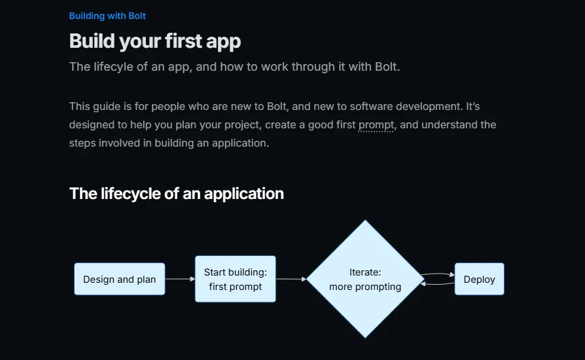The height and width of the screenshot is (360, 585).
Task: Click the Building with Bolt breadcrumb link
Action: (x=107, y=16)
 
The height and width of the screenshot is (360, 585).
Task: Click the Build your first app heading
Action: (x=155, y=41)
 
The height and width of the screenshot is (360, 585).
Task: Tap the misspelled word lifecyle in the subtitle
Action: (x=113, y=67)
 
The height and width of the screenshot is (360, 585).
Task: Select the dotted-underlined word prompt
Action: (x=376, y=125)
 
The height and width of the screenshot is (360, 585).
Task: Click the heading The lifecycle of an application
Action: (x=177, y=194)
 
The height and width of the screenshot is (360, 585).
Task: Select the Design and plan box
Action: (x=119, y=279)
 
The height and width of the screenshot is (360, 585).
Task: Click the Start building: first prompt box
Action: (x=236, y=279)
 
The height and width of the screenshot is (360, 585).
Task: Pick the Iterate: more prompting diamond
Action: (x=365, y=279)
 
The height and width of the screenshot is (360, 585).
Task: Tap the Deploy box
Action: (x=480, y=279)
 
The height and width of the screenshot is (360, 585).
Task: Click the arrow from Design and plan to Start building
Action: (x=180, y=279)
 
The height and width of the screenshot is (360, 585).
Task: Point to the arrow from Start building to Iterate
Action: (x=291, y=279)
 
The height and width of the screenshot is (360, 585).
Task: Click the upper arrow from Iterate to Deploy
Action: (x=438, y=274)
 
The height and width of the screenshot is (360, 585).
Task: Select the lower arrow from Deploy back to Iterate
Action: (x=438, y=284)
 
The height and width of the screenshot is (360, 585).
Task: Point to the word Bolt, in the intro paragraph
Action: (x=278, y=107)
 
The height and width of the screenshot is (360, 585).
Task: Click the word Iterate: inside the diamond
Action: (x=365, y=272)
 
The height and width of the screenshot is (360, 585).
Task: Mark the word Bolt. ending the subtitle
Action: (x=387, y=67)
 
